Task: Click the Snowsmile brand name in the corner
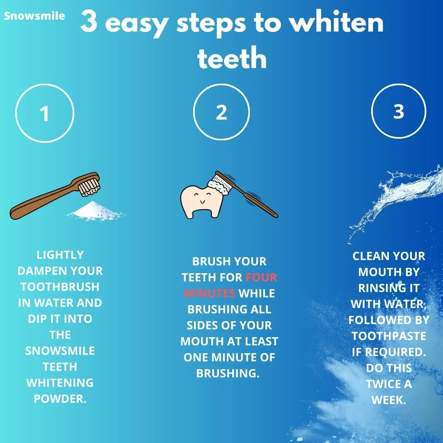tap(34, 16)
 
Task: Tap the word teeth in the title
tap(232, 58)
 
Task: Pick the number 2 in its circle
tap(221, 112)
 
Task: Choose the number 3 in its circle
tap(399, 111)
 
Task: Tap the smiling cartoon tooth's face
tap(203, 198)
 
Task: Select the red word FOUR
tap(261, 277)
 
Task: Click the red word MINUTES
tap(209, 294)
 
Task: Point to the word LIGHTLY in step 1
tap(60, 255)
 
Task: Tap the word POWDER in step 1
tap(60, 399)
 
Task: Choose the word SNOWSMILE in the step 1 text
tap(60, 351)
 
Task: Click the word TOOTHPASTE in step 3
tap(389, 336)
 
